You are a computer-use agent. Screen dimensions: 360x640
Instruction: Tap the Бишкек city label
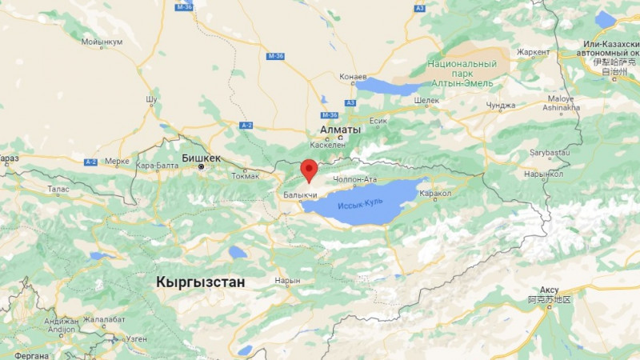(x=199, y=158)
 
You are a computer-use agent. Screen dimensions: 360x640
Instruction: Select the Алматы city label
(x=339, y=129)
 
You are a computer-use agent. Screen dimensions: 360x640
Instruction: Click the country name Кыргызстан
(x=201, y=282)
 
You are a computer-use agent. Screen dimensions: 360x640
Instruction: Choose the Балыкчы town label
(x=299, y=195)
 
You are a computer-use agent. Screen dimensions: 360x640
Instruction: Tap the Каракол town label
(x=437, y=193)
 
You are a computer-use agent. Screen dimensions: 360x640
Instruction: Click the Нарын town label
(x=286, y=281)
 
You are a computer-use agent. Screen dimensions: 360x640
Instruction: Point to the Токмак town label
(x=246, y=176)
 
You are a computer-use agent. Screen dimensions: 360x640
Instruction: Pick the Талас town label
(x=58, y=190)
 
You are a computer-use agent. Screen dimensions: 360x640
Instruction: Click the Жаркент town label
(x=533, y=52)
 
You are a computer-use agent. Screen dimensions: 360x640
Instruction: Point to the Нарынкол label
(x=545, y=174)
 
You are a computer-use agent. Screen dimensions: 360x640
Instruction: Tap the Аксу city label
(x=549, y=289)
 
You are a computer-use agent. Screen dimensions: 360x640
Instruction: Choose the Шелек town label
(x=428, y=100)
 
